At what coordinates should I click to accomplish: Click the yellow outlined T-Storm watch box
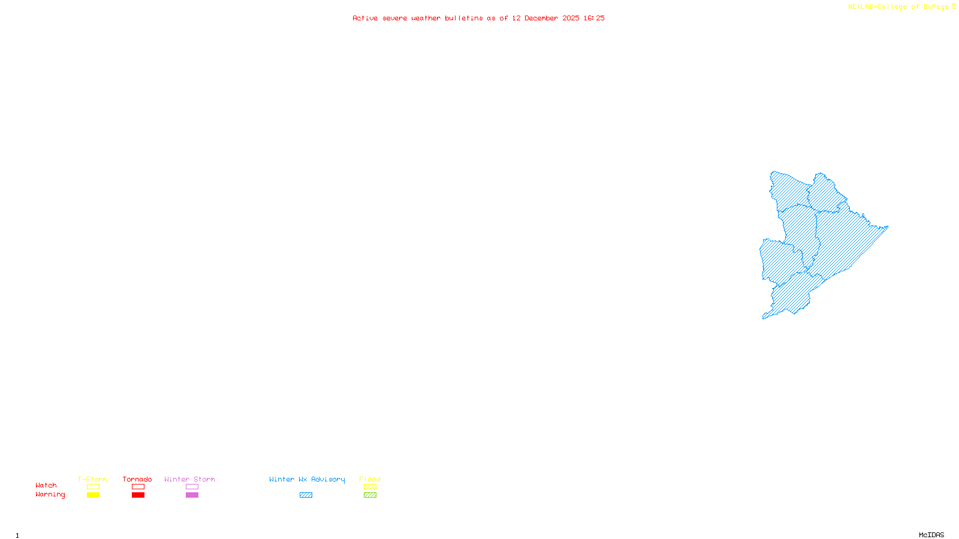[x=93, y=487]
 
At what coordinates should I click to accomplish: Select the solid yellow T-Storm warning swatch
[x=93, y=495]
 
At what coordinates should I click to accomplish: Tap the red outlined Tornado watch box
[x=138, y=487]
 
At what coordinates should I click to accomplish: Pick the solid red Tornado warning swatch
[x=138, y=495]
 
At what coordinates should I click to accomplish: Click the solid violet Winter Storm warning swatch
[x=192, y=495]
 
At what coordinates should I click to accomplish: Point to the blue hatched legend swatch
[x=306, y=495]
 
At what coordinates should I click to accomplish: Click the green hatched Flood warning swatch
[x=370, y=495]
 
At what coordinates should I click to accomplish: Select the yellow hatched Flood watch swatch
[x=370, y=487]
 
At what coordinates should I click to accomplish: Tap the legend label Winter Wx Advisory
[x=307, y=479]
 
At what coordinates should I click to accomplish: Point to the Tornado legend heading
[x=137, y=479]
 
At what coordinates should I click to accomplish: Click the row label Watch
[x=46, y=485]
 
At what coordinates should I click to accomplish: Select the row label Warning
[x=50, y=495]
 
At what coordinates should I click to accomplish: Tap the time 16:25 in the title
[x=594, y=18]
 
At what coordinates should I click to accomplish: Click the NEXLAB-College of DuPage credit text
[x=898, y=7]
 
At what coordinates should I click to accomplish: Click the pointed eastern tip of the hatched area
[x=887, y=227]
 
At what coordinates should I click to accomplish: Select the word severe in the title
[x=395, y=18]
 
